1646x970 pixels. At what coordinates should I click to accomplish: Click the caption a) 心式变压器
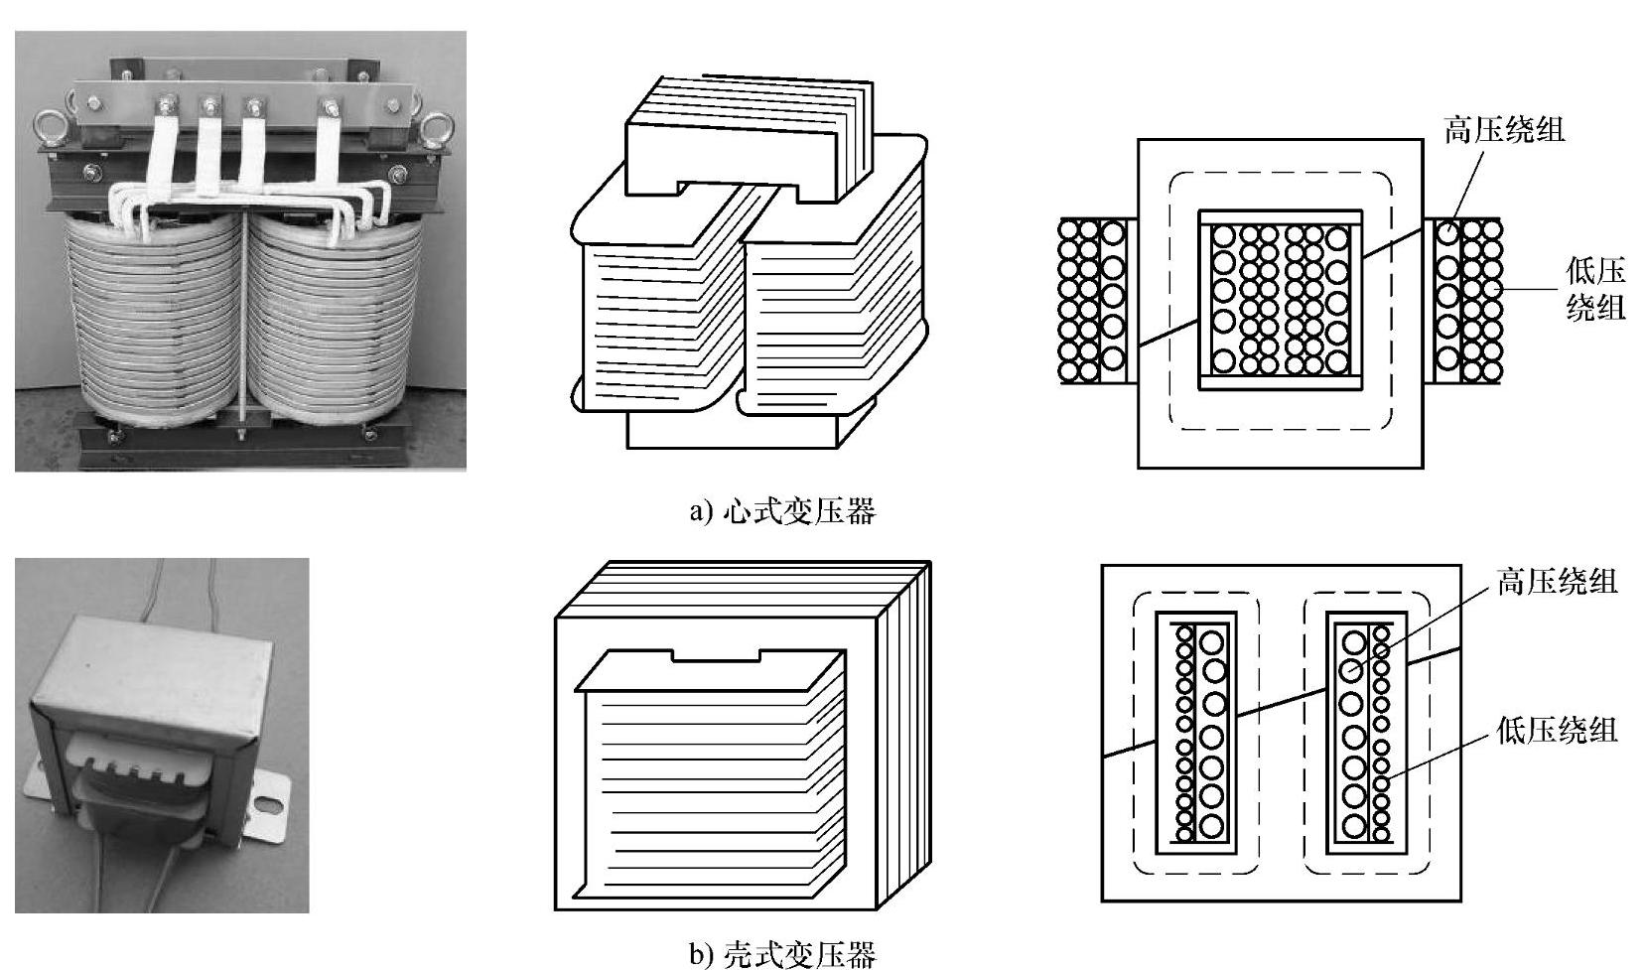click(x=782, y=512)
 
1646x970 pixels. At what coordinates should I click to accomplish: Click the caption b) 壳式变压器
click(x=782, y=955)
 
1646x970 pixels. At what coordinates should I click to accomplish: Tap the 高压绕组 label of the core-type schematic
click(x=1503, y=130)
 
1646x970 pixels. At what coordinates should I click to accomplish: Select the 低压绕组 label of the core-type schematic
click(x=1595, y=289)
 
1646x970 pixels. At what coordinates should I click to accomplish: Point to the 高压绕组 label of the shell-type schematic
click(x=1557, y=582)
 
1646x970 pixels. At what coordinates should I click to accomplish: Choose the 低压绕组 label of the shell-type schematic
click(x=1557, y=731)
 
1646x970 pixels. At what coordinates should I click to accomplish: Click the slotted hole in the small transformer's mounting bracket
click(x=265, y=803)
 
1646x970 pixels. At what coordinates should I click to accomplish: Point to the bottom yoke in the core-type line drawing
click(x=735, y=429)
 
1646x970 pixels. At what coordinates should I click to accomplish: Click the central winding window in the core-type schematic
click(x=1281, y=299)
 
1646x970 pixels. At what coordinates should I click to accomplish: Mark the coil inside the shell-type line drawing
click(x=710, y=774)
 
